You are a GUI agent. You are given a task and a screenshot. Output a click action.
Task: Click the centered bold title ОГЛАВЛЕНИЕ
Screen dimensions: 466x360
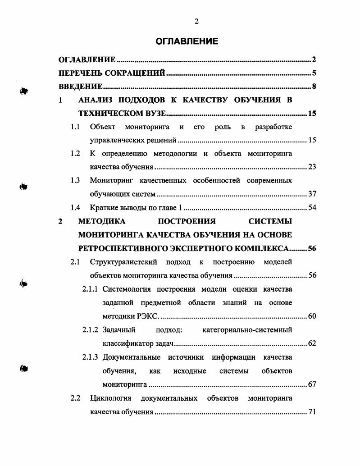click(187, 41)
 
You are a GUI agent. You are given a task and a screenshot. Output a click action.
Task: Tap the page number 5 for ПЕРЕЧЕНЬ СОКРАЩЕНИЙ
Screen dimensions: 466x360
click(314, 73)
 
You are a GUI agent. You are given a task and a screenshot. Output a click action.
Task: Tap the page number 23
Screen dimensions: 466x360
click(312, 167)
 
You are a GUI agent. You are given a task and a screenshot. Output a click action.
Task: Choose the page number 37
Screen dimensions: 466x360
click(312, 194)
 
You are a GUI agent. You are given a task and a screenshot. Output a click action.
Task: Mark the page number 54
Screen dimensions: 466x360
click(312, 208)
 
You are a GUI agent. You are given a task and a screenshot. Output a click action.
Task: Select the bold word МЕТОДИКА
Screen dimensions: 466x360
click(102, 221)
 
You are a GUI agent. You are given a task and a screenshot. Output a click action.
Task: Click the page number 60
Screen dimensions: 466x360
click(312, 316)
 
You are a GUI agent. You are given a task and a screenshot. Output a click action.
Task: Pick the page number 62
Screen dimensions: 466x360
click(312, 343)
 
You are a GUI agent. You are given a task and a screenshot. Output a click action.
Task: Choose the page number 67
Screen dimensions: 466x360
click(312, 384)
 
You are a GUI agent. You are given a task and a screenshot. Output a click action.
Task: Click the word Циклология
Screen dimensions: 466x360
click(110, 398)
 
